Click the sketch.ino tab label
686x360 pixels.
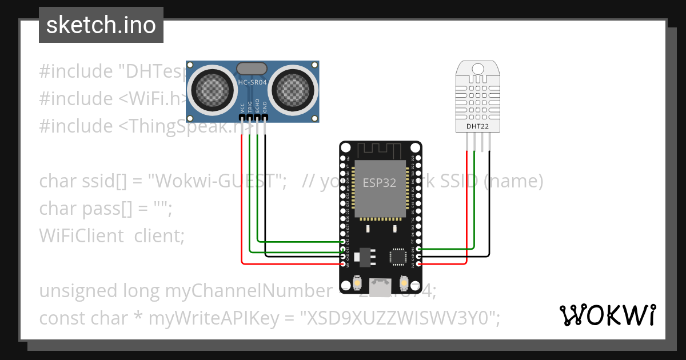(101, 25)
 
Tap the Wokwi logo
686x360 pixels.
(607, 315)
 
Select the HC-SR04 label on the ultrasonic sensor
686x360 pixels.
(252, 83)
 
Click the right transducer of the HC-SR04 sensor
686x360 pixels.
(293, 88)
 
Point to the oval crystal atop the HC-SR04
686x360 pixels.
(252, 69)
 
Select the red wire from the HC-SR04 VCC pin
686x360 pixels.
(242, 200)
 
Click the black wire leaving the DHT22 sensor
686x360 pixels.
(489, 206)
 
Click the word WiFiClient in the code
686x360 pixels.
(81, 235)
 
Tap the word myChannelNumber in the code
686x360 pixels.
(248, 291)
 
